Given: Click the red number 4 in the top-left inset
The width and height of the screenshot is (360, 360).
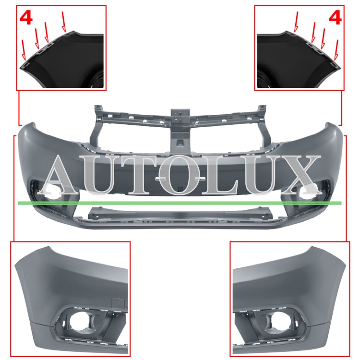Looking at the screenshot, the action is pyautogui.click(x=26, y=18).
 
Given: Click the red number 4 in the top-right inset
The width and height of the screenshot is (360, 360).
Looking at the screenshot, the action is pyautogui.click(x=335, y=18).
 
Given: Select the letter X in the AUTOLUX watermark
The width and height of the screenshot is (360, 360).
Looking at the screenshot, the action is pyautogui.click(x=299, y=175).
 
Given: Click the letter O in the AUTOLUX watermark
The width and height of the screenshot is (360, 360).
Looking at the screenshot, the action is pyautogui.click(x=179, y=175).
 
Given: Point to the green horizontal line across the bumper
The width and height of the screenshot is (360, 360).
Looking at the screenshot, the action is pyautogui.click(x=180, y=203).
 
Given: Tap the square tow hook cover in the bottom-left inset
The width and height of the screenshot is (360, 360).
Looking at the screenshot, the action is pyautogui.click(x=118, y=303).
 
